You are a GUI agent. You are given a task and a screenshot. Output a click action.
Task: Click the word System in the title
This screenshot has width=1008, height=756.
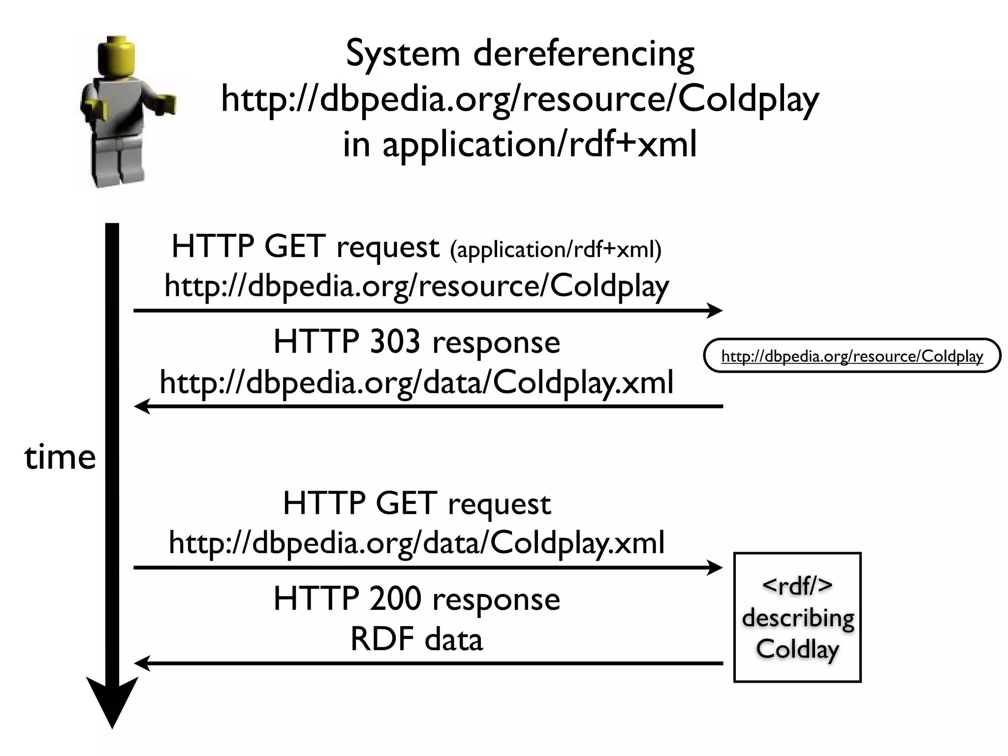402,54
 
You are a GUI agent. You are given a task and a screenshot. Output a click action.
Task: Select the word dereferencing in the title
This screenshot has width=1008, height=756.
584,54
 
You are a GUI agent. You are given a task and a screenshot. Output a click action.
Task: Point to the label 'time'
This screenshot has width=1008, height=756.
60,457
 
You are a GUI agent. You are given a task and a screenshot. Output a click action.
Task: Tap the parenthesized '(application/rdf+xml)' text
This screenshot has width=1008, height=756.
555,250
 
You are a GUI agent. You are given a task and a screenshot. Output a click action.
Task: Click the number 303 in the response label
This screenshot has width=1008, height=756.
395,342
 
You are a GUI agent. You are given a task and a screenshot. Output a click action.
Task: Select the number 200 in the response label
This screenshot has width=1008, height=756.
395,599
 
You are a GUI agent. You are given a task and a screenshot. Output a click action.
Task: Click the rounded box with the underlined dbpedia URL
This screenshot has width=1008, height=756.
852,355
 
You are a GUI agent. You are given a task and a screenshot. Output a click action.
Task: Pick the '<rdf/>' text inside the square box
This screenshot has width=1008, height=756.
797,586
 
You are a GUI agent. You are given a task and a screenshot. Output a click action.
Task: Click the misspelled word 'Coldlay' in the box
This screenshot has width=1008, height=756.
797,650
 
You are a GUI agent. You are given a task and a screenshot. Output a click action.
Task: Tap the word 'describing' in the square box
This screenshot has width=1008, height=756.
798,618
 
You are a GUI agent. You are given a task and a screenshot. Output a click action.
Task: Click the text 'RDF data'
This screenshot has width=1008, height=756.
416,640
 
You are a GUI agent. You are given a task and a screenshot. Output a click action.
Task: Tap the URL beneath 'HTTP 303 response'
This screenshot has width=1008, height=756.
416,383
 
